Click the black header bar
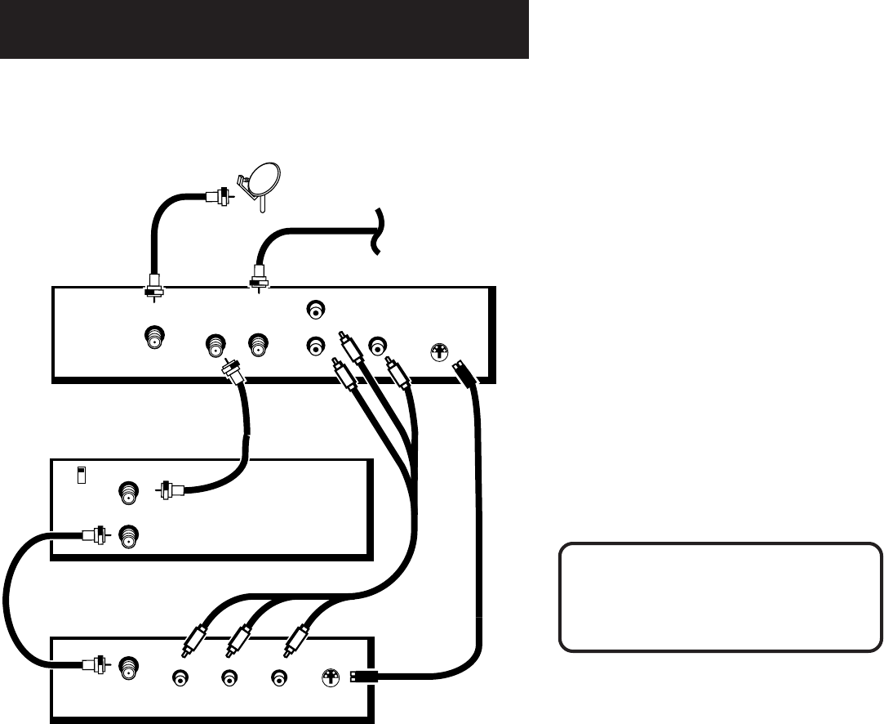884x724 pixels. click(264, 29)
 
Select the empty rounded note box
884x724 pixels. click(720, 596)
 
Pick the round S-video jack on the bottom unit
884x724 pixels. click(331, 677)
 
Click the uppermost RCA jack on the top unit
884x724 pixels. click(316, 310)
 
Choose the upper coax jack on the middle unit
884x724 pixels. click(128, 492)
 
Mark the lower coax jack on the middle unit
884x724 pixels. click(128, 537)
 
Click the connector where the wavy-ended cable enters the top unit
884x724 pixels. click(259, 278)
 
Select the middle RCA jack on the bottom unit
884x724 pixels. click(229, 677)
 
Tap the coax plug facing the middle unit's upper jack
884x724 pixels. click(169, 491)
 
